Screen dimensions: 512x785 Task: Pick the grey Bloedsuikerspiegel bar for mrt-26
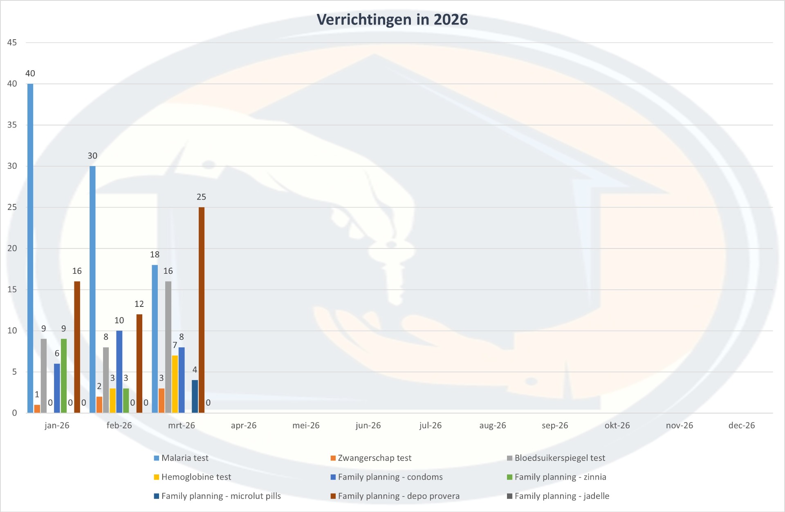click(x=168, y=347)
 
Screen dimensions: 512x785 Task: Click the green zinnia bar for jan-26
click(x=64, y=376)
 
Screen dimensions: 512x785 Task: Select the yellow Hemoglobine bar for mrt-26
click(x=175, y=384)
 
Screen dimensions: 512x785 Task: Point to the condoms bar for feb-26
click(x=119, y=371)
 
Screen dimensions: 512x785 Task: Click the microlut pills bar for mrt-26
click(x=195, y=396)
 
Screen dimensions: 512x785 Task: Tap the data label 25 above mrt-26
click(x=201, y=197)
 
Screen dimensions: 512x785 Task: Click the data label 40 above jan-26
click(x=30, y=74)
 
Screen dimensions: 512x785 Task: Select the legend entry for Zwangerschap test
click(x=374, y=458)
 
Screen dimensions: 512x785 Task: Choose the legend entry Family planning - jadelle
click(x=561, y=496)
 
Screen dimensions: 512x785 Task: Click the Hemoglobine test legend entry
click(x=196, y=477)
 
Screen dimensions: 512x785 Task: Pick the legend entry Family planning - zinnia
click(x=560, y=477)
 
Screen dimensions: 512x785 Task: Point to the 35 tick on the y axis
click(x=12, y=125)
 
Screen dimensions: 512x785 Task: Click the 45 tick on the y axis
click(x=12, y=42)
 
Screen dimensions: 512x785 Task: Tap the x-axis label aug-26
click(x=493, y=425)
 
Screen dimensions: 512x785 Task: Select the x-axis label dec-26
click(x=742, y=425)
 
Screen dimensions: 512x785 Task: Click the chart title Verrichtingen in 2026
click(x=392, y=20)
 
